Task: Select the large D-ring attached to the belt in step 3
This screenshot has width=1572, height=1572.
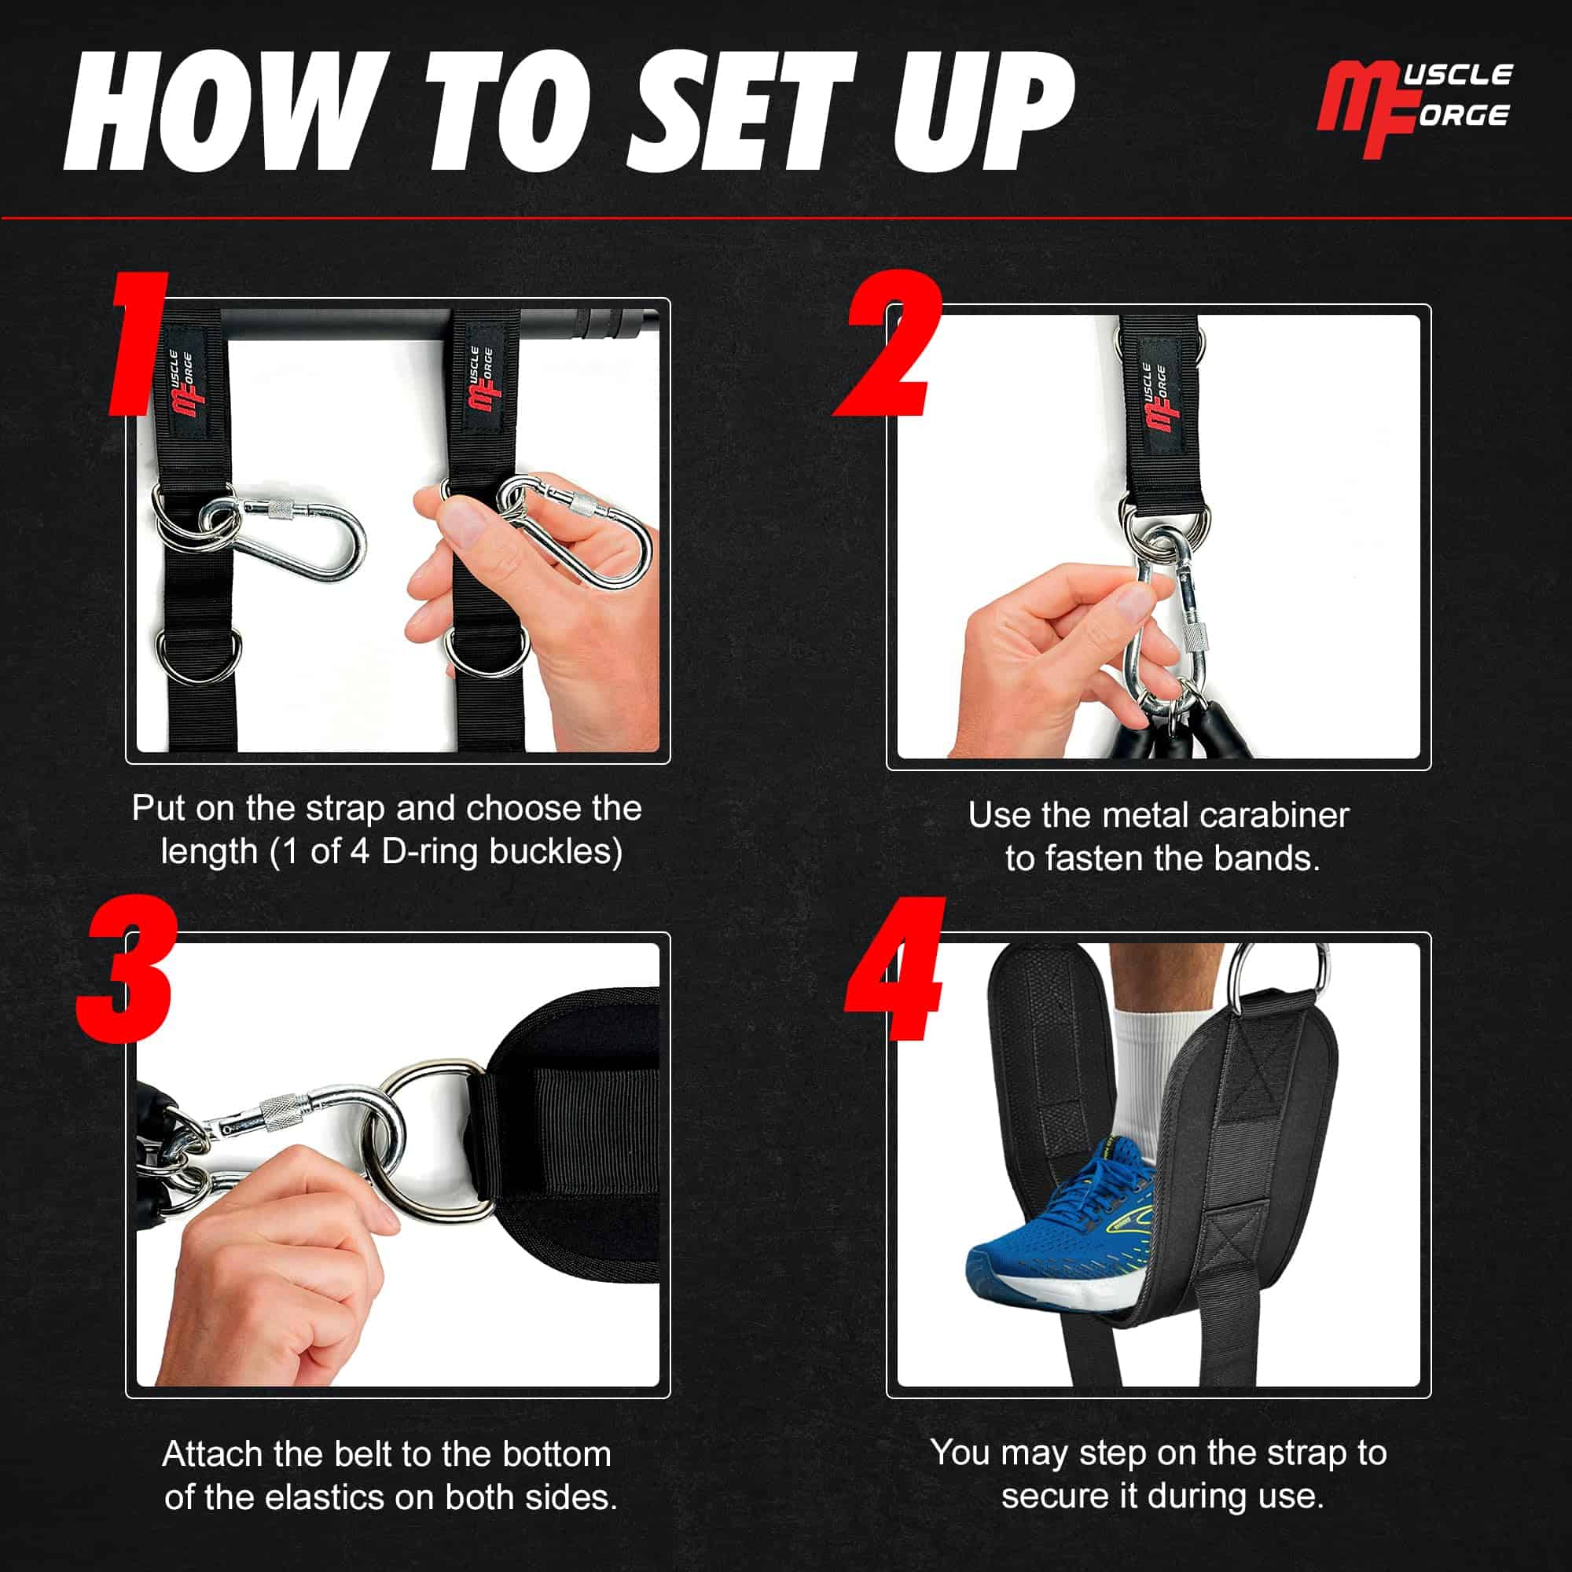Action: click(423, 1139)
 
